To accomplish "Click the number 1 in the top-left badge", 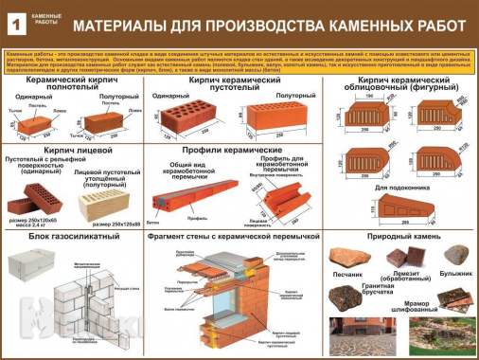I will (14, 22).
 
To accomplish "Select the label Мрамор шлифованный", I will (444, 308).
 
